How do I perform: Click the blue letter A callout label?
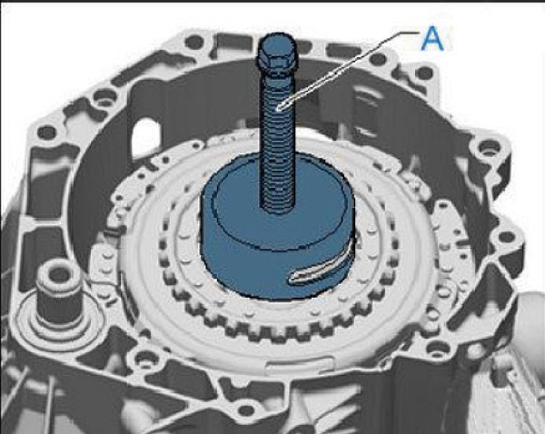click(x=432, y=38)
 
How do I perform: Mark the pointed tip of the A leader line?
click(x=277, y=110)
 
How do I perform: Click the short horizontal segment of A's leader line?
click(x=408, y=34)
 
